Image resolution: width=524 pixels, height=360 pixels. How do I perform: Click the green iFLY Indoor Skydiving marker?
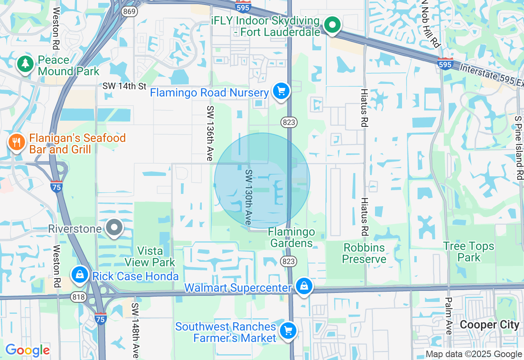tap(332, 25)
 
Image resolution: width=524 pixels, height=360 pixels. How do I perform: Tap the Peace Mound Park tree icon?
tap(25, 64)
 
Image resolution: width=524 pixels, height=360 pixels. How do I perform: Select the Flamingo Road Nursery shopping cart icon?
tap(281, 91)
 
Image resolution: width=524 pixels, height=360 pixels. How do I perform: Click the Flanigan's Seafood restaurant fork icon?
tap(16, 143)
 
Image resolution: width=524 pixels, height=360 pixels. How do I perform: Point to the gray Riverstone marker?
tap(114, 228)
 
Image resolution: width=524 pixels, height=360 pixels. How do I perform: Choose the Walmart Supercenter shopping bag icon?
tap(304, 286)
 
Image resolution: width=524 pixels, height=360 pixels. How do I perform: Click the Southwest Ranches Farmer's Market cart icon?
tap(288, 331)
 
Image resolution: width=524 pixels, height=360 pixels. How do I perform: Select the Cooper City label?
tap(490, 325)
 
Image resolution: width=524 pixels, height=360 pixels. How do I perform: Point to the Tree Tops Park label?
tap(469, 252)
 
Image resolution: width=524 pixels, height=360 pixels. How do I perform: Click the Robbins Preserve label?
tap(364, 253)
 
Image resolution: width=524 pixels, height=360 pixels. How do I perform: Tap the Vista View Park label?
tap(150, 256)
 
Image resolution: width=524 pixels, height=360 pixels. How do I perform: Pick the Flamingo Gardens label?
tap(291, 238)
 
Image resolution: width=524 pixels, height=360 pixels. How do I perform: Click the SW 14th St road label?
tap(124, 86)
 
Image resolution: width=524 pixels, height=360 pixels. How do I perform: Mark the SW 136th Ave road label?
tap(210, 133)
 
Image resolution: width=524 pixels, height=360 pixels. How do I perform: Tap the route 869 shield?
tap(129, 11)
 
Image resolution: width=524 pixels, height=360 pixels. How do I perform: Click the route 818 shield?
tap(78, 297)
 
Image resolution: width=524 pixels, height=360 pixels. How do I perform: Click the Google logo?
tap(27, 350)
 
